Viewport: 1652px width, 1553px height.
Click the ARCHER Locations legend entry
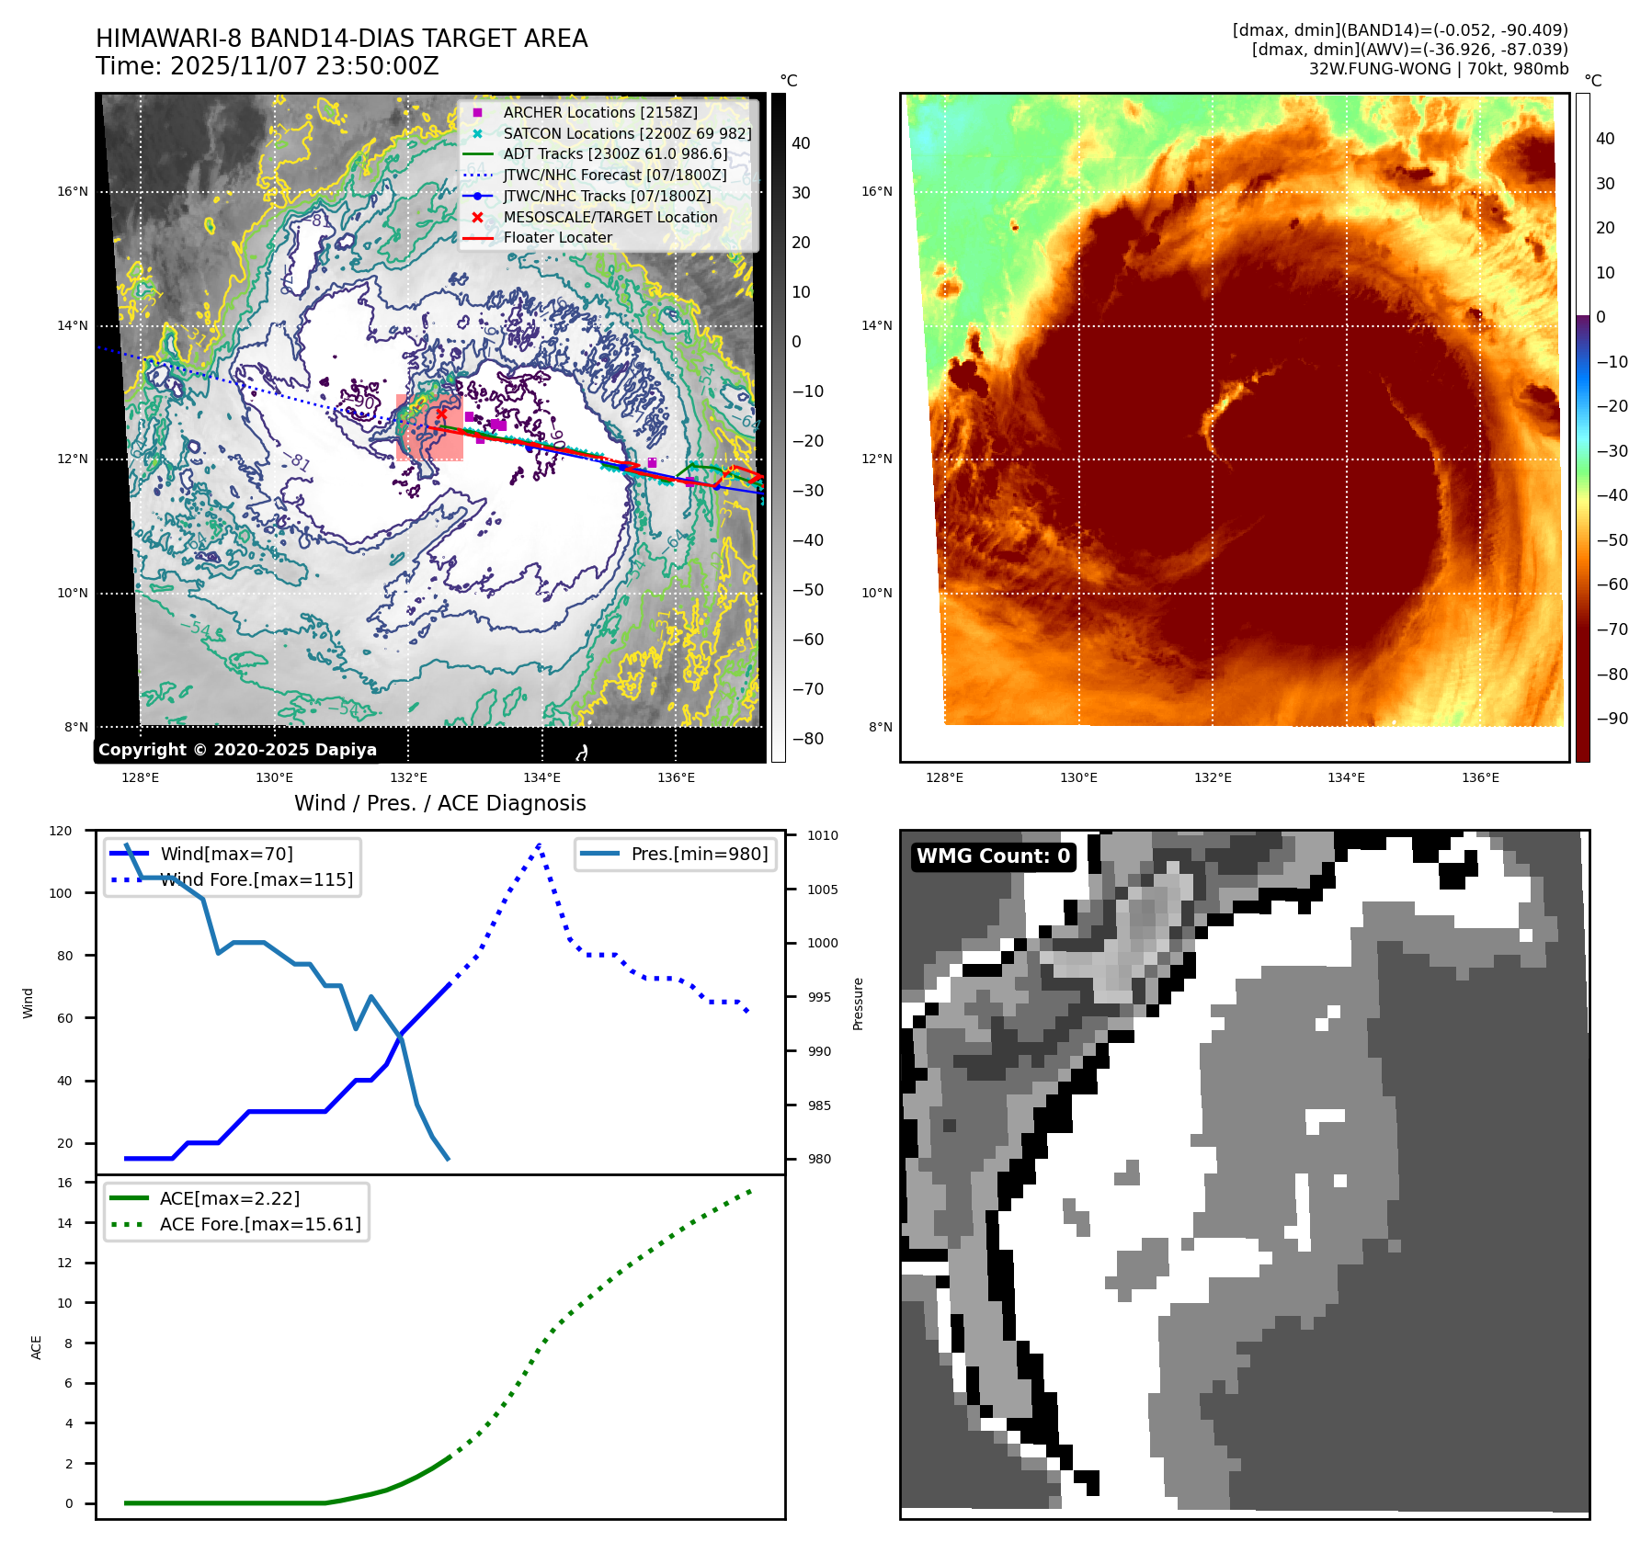tap(600, 112)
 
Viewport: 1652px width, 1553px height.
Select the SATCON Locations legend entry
tap(627, 133)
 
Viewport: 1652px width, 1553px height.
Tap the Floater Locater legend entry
tap(557, 237)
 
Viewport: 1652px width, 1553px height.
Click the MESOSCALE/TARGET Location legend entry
tap(610, 217)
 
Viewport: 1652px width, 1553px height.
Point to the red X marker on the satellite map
tap(441, 414)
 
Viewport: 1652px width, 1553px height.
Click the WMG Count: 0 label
tap(993, 856)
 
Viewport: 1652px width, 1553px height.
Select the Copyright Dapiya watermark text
tap(237, 750)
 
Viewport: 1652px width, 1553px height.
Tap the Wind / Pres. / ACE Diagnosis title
tap(439, 803)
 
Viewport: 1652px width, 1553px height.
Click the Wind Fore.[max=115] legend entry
tap(256, 879)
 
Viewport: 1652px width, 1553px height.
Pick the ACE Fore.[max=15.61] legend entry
tap(260, 1224)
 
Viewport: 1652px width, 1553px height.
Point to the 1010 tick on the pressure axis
tap(823, 835)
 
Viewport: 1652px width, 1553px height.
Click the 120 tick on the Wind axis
tap(61, 831)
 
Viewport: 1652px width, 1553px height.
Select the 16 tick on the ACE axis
tap(64, 1183)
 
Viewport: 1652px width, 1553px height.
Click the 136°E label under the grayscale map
tap(676, 777)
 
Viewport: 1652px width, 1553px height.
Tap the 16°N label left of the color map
tap(876, 192)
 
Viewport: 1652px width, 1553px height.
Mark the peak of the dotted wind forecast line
tap(539, 844)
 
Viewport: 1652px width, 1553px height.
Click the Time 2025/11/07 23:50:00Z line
tap(268, 66)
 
